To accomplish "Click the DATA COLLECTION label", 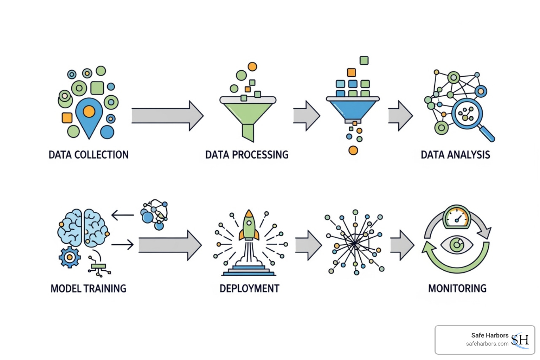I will pos(89,155).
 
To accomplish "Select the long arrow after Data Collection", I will pos(167,116).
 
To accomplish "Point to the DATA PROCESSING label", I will pos(247,155).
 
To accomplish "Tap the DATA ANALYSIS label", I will pos(455,155).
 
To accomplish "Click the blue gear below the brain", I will pos(70,257).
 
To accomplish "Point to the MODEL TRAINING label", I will pos(89,289).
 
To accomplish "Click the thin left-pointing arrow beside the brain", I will pos(123,214).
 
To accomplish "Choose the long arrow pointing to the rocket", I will pos(170,245).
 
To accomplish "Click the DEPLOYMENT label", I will pos(249,289).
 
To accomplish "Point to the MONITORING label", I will pos(457,289).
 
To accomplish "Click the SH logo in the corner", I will pos(520,340).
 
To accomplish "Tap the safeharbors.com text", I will pos(487,344).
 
